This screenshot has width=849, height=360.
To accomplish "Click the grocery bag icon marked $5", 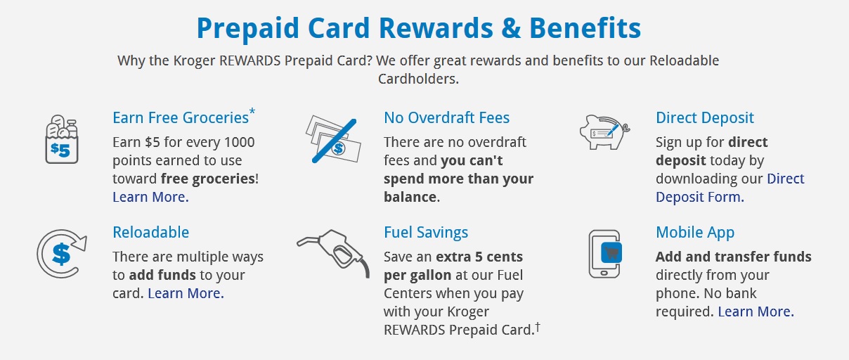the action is (x=62, y=139).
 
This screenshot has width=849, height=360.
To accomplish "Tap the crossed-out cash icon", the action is (x=333, y=140).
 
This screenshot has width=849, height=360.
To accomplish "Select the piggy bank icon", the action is (x=604, y=132).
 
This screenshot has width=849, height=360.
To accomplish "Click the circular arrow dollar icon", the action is (x=62, y=253).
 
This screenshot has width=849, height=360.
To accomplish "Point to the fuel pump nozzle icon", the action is (x=333, y=253).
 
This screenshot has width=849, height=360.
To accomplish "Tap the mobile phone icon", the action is (x=605, y=254).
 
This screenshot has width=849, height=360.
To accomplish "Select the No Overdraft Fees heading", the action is (x=446, y=117).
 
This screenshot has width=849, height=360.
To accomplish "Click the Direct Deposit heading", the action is (x=705, y=118).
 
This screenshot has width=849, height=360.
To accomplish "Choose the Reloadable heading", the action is (x=151, y=232).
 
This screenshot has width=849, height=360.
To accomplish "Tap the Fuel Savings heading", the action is (x=426, y=233).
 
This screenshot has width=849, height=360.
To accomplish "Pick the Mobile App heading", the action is (x=695, y=233).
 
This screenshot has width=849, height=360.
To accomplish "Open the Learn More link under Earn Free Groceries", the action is (x=150, y=197).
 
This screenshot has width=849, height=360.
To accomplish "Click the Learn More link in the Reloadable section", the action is (x=186, y=293).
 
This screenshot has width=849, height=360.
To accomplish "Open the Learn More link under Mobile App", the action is (x=756, y=311).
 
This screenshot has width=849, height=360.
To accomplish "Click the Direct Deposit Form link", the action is (x=730, y=188).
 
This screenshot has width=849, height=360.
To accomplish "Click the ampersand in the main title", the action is (x=511, y=28).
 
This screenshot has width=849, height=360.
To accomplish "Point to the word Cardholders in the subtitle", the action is (x=418, y=79).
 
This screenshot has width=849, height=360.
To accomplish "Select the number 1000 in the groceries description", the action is (x=239, y=142).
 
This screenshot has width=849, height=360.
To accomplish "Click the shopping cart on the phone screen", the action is (x=611, y=252).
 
